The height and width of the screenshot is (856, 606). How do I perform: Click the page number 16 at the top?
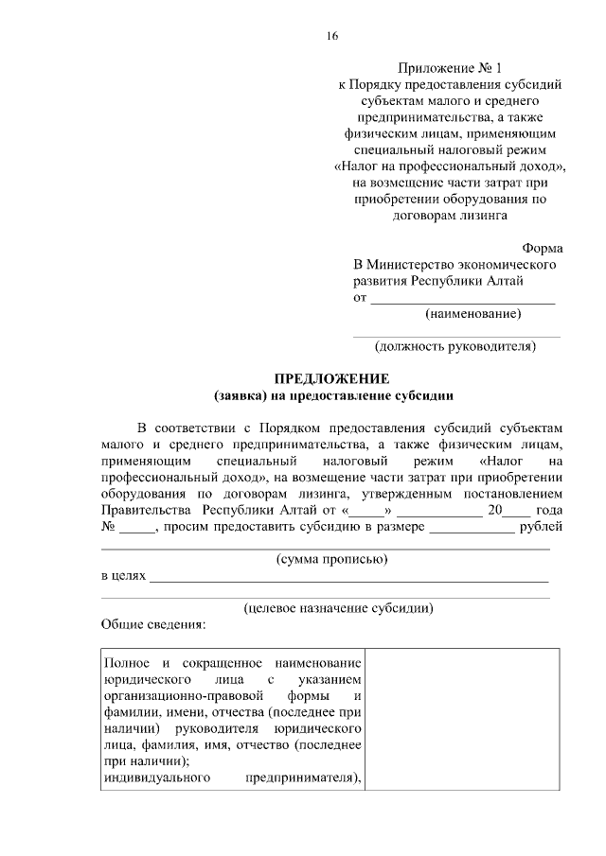coord(332,36)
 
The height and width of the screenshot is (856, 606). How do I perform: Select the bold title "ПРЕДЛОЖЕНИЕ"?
coord(328,378)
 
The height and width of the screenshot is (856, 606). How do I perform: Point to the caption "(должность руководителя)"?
coord(455,346)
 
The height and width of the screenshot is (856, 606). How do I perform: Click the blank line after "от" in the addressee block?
coord(462,297)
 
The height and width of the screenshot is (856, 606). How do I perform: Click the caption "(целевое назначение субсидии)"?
coord(338,609)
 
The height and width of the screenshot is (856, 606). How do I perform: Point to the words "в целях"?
coord(123,576)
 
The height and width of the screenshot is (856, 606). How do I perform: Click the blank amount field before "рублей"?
coord(472,530)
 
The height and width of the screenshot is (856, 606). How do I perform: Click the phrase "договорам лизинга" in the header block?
coord(451,215)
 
